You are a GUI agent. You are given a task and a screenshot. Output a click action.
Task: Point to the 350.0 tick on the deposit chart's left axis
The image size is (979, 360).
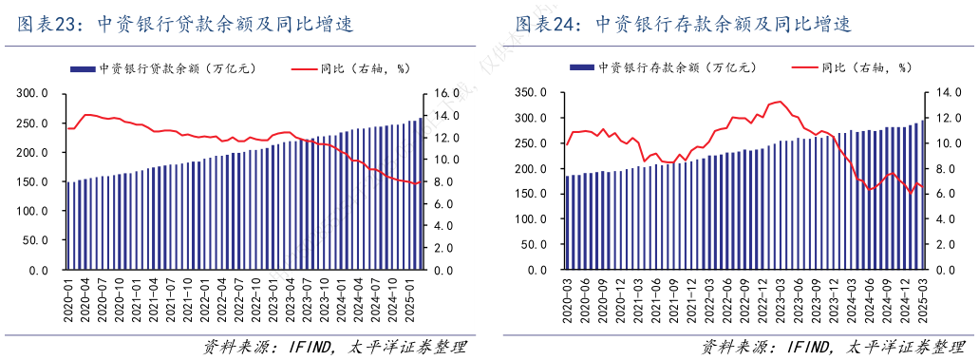point(534,93)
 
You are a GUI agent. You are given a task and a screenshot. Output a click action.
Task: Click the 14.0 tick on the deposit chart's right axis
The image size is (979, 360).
point(949,93)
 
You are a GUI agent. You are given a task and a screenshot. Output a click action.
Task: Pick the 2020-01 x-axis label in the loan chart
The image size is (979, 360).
point(68,300)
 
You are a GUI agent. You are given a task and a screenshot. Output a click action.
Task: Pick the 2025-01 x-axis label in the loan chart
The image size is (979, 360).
point(411,300)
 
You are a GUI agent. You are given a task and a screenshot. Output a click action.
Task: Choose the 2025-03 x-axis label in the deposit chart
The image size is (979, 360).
point(922,300)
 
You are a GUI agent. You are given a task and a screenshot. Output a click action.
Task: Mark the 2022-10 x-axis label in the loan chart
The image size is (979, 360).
point(256,300)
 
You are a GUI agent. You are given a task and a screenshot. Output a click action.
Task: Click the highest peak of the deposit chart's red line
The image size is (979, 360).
point(780,102)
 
